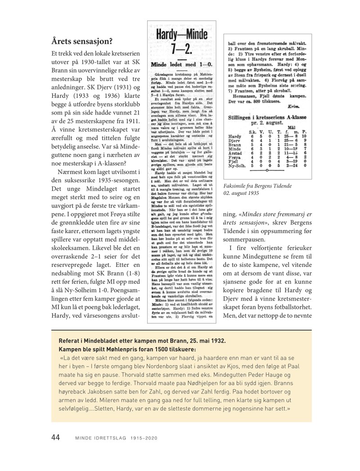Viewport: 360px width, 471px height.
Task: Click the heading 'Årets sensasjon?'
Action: coord(81,41)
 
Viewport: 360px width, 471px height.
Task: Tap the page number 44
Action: coord(56,436)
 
